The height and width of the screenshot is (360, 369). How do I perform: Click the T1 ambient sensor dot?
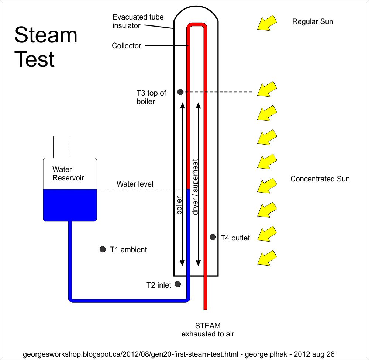point(103,249)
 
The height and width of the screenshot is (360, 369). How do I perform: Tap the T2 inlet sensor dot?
point(177,284)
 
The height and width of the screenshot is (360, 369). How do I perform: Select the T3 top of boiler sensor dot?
point(180,91)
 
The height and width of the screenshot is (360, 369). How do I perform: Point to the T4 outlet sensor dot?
point(213,237)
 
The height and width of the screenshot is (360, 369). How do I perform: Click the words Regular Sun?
point(312,21)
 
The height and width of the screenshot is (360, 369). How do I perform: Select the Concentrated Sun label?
point(320,179)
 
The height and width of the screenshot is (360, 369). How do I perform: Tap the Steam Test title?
point(46,47)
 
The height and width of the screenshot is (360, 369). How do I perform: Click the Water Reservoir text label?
point(68,174)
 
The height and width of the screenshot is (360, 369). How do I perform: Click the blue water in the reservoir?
point(70,205)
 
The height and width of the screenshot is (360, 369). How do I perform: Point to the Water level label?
point(135,184)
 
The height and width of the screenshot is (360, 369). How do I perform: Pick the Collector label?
point(126,46)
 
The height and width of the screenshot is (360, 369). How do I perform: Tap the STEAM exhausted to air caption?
point(208,330)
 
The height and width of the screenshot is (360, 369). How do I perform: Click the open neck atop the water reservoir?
point(62,147)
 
